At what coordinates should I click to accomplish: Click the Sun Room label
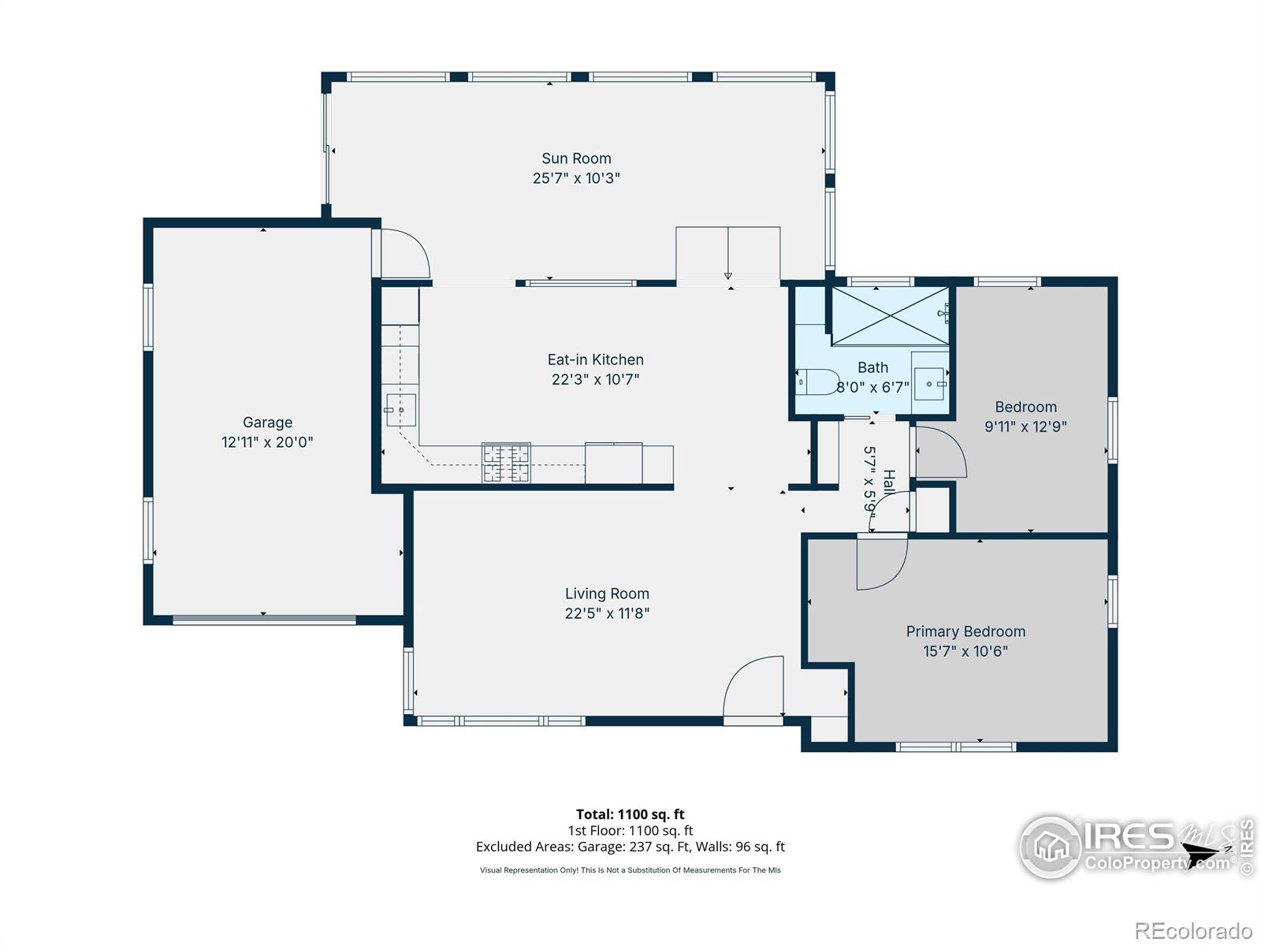pyautogui.click(x=575, y=158)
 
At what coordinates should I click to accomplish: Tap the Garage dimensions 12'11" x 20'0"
pyautogui.click(x=267, y=441)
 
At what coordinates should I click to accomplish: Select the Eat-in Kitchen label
pyautogui.click(x=595, y=359)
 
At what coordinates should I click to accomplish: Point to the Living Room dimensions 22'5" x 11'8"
pyautogui.click(x=607, y=613)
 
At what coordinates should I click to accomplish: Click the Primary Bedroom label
pyautogui.click(x=965, y=631)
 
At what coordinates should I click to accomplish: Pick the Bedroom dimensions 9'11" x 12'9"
pyautogui.click(x=1025, y=426)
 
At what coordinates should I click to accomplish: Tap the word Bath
pyautogui.click(x=872, y=367)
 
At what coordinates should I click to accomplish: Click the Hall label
pyautogui.click(x=889, y=482)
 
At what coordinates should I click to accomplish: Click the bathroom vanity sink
pyautogui.click(x=929, y=384)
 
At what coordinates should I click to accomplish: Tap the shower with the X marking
pyautogui.click(x=890, y=316)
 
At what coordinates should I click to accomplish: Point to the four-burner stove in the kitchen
pyautogui.click(x=505, y=463)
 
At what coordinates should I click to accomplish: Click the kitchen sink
pyautogui.click(x=400, y=410)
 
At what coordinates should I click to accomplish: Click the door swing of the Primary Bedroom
pyautogui.click(x=882, y=562)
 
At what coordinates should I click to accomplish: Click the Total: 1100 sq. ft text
pyautogui.click(x=630, y=814)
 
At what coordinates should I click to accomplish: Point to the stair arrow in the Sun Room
pyautogui.click(x=728, y=253)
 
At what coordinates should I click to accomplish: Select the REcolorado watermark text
pyautogui.click(x=1193, y=930)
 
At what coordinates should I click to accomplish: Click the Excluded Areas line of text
pyautogui.click(x=630, y=847)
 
